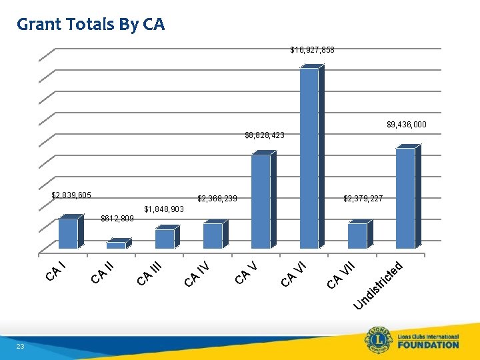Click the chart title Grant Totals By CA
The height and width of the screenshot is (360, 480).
91,25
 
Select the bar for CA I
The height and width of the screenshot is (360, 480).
68,233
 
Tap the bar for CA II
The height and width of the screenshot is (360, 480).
116,245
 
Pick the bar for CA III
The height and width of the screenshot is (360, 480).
164,239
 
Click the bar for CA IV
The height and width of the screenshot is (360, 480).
213,236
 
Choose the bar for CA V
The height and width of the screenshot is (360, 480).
261,201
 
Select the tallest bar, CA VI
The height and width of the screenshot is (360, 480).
309,158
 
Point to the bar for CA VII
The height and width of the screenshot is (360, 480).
357,236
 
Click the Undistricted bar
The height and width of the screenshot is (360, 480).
405,198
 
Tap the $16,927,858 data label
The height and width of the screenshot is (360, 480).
312,50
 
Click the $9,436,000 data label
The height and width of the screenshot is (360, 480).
406,125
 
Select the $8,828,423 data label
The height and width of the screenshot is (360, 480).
265,135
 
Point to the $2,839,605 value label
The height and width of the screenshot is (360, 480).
71,195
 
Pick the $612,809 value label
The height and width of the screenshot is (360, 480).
117,219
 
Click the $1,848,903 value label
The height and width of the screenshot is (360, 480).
164,209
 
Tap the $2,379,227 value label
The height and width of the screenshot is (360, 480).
363,199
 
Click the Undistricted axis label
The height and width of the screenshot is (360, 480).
379,287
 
